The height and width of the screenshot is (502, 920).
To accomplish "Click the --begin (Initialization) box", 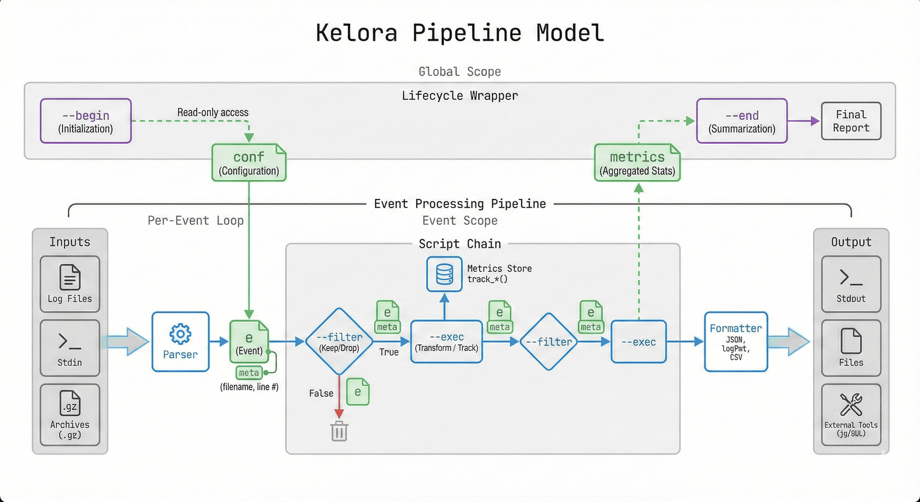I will click(86, 121).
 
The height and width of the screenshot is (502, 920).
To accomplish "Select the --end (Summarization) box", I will click(742, 121).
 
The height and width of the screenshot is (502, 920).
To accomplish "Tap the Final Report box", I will click(851, 121).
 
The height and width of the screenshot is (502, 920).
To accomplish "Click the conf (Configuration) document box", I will click(249, 163).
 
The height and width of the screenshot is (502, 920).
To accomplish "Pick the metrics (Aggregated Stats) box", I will click(637, 163).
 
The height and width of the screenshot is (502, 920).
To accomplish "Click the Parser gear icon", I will click(180, 334).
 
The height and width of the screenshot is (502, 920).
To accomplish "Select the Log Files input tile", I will click(70, 284).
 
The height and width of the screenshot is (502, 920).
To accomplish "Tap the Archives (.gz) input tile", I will click(70, 415).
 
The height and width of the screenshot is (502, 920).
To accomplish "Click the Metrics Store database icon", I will click(444, 274).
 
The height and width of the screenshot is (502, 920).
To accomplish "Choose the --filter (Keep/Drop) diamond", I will click(339, 342).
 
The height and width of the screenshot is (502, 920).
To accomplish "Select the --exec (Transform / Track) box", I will click(447, 342).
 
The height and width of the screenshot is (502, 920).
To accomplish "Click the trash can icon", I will click(339, 431).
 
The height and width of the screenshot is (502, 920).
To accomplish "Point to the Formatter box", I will click(736, 342).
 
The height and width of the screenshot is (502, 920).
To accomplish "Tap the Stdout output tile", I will click(851, 284).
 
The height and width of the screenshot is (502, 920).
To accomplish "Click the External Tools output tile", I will click(851, 415).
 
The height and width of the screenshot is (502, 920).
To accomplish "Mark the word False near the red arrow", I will click(321, 393).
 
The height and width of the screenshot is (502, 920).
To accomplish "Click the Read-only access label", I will click(213, 113).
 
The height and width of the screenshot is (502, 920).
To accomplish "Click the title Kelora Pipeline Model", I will click(460, 33).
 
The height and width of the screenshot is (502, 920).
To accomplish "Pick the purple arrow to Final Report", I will click(804, 121).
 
